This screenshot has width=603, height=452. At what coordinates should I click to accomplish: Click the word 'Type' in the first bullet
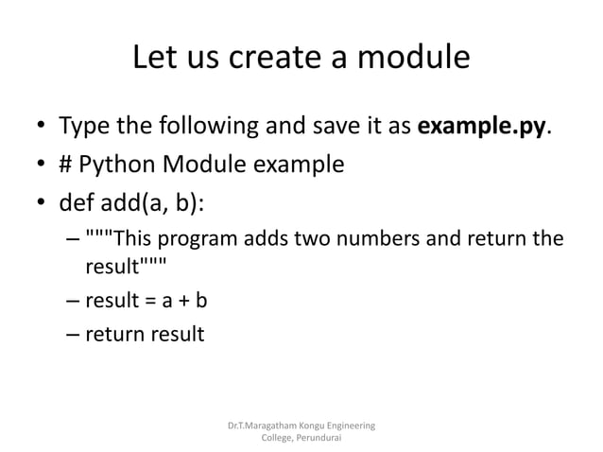86,127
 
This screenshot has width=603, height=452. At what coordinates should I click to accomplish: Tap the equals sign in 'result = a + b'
147,302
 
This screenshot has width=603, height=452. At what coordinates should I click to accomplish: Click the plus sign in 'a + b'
182,302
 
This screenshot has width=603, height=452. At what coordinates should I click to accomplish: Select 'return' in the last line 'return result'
112,334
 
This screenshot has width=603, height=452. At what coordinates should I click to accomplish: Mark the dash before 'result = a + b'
73,302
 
